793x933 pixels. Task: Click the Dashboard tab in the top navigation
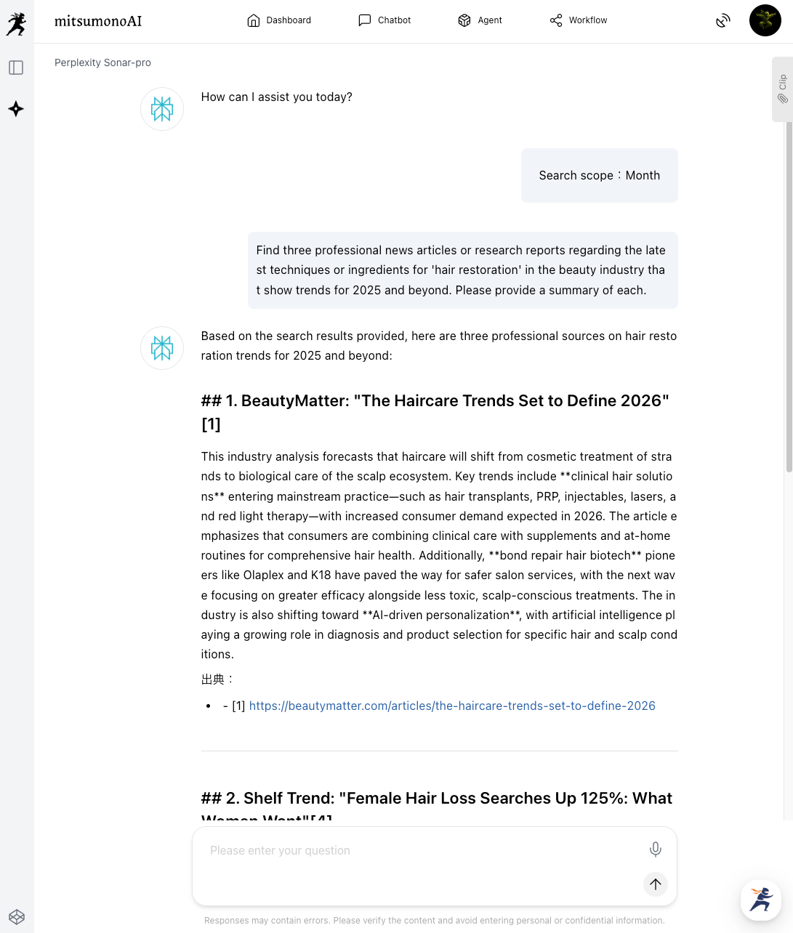pos(279,20)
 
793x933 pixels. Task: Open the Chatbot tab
pos(385,20)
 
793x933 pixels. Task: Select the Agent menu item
pos(480,20)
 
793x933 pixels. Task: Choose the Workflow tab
pos(579,20)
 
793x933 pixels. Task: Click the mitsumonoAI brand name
pos(98,21)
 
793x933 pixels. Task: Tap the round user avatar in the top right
pos(765,20)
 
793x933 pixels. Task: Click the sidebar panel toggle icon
pos(16,68)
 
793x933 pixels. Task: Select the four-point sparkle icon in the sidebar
pos(16,109)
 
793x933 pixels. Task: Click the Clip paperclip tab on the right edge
pos(782,89)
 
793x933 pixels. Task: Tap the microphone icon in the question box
pos(655,849)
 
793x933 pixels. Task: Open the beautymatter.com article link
pos(452,706)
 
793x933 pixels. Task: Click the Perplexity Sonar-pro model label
pos(102,62)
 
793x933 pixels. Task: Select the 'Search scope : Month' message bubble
pos(599,175)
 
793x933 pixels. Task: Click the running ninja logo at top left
pos(16,23)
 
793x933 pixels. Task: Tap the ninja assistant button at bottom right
pos(760,900)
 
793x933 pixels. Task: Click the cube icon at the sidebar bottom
pos(17,916)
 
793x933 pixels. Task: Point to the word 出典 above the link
pos(213,679)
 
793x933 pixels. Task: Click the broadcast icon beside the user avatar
pos(722,20)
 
